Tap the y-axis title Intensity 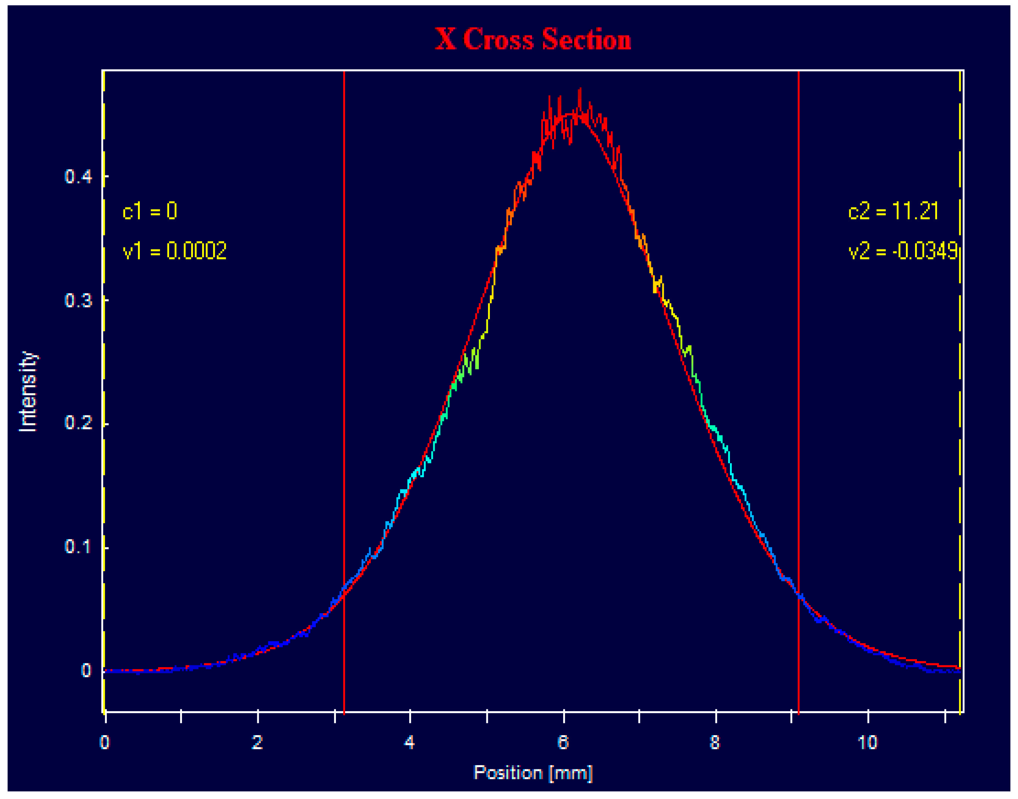pyautogui.click(x=28, y=392)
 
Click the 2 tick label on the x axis pyautogui.click(x=257, y=742)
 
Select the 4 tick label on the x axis pyautogui.click(x=409, y=742)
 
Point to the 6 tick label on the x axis pyautogui.click(x=563, y=742)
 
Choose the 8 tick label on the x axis pyautogui.click(x=715, y=742)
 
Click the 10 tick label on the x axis pyautogui.click(x=868, y=742)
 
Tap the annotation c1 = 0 pyautogui.click(x=150, y=212)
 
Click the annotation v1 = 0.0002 pyautogui.click(x=174, y=251)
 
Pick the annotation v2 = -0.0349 pyautogui.click(x=903, y=251)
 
